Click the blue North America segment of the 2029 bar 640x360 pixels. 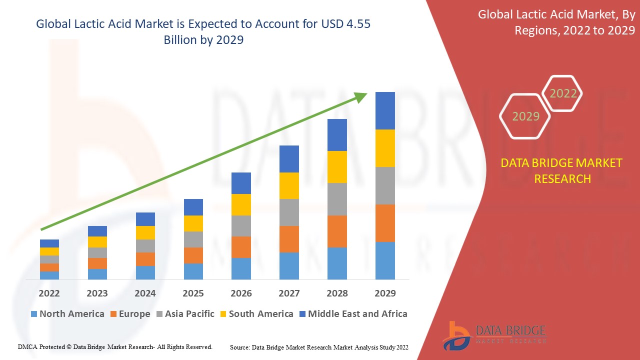pyautogui.click(x=385, y=260)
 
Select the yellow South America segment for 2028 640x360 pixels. pyautogui.click(x=337, y=167)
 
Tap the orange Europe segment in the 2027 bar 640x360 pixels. pyautogui.click(x=289, y=239)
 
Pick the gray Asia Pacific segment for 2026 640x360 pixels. pyautogui.click(x=241, y=226)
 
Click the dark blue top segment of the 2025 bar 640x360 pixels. pyautogui.click(x=193, y=207)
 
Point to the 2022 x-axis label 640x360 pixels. pyautogui.click(x=49, y=293)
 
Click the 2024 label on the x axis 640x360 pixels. pyautogui.click(x=145, y=293)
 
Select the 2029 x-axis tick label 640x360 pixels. pyautogui.click(x=385, y=293)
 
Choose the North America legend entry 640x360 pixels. pyautogui.click(x=67, y=314)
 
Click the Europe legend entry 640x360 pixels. pyautogui.click(x=129, y=314)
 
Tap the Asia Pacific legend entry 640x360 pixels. pyautogui.click(x=185, y=314)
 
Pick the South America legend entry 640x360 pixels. pyautogui.click(x=256, y=314)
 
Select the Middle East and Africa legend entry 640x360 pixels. pyautogui.click(x=352, y=314)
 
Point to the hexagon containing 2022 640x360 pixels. pyautogui.click(x=563, y=93)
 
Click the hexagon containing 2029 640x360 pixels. pyautogui.click(x=525, y=116)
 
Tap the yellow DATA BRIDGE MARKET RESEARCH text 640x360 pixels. pyautogui.click(x=562, y=170)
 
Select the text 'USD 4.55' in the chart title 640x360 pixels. pyautogui.click(x=348, y=24)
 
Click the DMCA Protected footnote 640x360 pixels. pyautogui.click(x=115, y=346)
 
